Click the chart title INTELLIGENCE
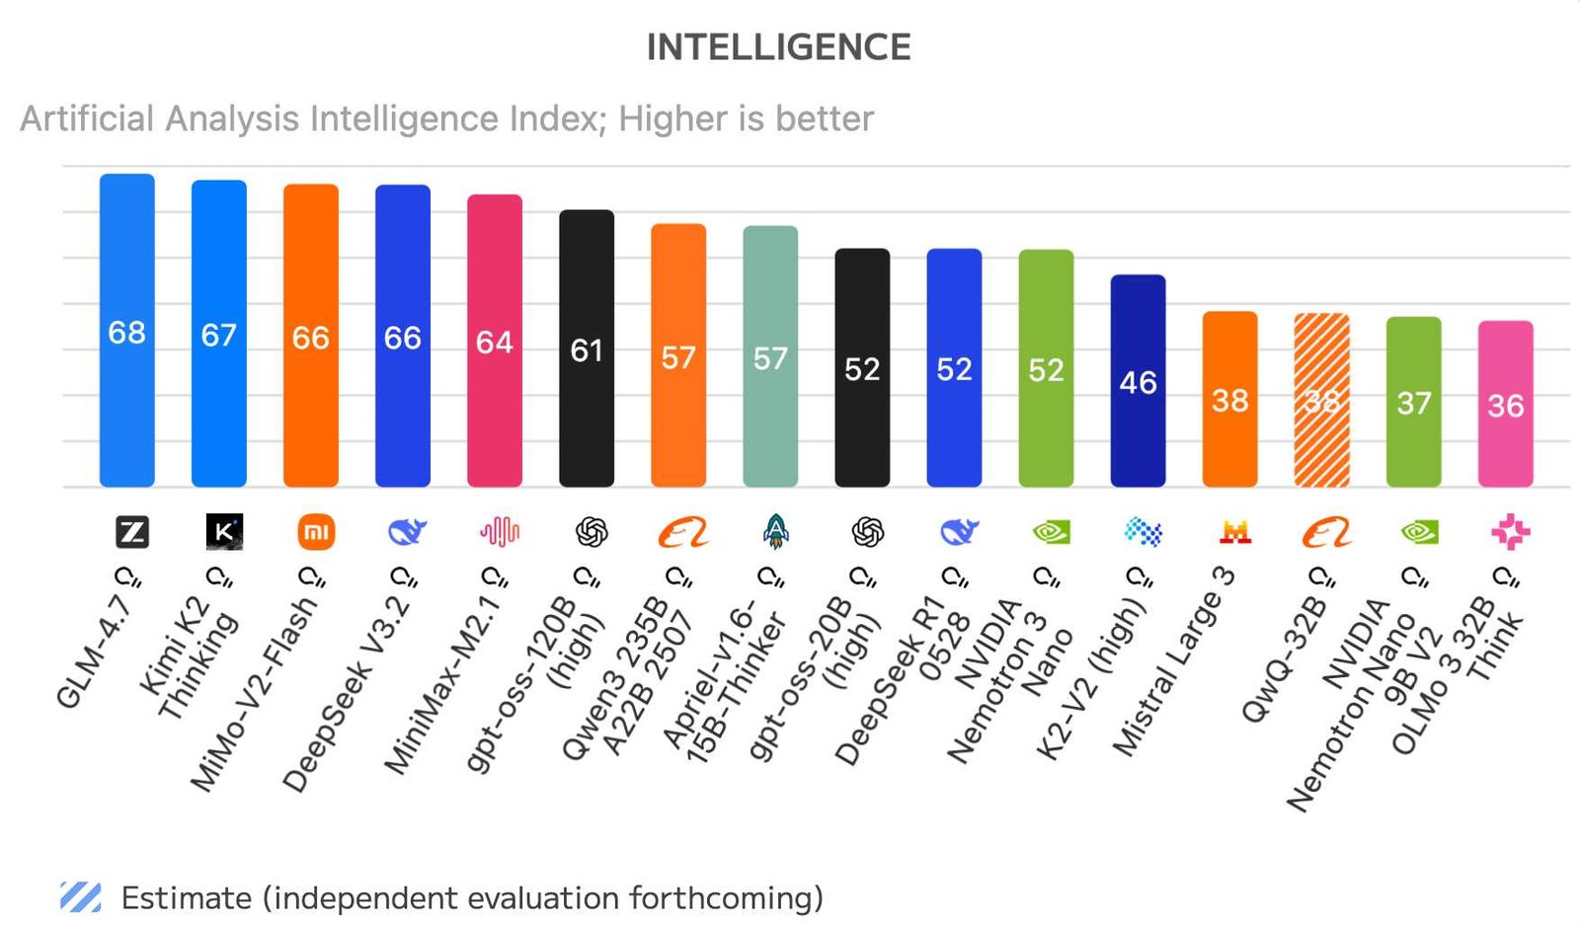tap(778, 47)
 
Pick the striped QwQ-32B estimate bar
tap(1321, 434)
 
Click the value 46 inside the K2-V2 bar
tap(1138, 382)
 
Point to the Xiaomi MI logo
tap(316, 533)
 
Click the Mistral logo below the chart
tap(1234, 533)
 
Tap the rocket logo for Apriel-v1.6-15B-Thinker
tap(776, 532)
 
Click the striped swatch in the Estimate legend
tap(80, 896)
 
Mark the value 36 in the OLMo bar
tap(1505, 405)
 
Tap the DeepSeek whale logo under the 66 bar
tap(406, 533)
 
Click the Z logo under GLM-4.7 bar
tap(132, 532)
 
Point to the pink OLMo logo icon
tap(1510, 532)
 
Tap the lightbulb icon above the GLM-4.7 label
tap(127, 577)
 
